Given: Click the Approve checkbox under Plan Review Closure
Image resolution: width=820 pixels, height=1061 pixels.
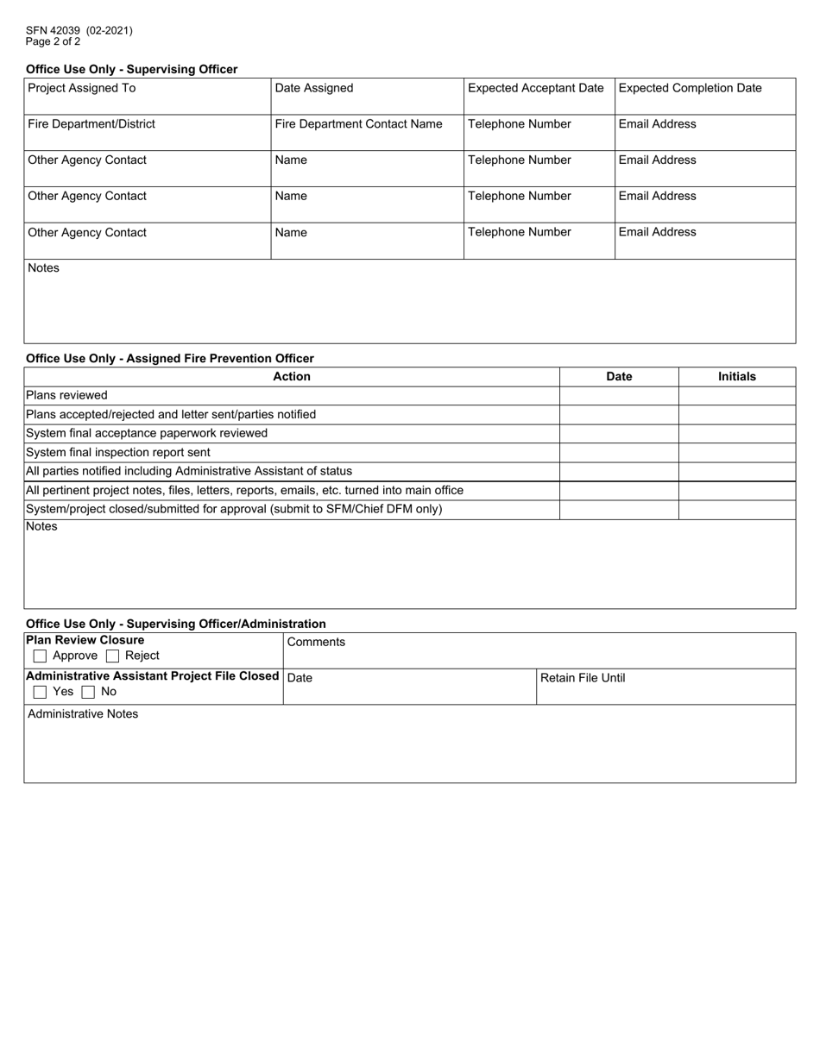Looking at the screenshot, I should (x=40, y=656).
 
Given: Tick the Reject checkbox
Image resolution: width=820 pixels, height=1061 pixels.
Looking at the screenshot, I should (x=112, y=656).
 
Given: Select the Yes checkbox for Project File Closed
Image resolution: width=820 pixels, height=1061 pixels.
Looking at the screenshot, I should (x=40, y=693).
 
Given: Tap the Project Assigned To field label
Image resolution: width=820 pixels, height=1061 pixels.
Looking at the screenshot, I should (x=82, y=88).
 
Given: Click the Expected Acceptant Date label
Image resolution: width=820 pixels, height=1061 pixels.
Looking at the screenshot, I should (x=535, y=88).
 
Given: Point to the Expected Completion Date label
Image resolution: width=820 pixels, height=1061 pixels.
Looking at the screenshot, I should (x=690, y=88).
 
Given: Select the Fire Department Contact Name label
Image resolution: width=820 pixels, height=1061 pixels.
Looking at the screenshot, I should (x=358, y=124).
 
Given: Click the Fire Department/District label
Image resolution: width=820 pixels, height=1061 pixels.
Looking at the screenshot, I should (x=91, y=124).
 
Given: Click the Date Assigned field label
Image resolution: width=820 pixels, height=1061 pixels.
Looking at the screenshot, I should (x=314, y=88).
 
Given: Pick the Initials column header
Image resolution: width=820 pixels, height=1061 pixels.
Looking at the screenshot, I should (x=736, y=376).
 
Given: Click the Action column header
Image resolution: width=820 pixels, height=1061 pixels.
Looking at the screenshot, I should (x=292, y=376).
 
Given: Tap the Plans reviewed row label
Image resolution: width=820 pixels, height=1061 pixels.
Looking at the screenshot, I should (x=67, y=395).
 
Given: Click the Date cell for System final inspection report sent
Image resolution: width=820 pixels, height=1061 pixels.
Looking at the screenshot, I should (x=619, y=452).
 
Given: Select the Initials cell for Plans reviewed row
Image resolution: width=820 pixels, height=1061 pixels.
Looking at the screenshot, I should (x=736, y=395).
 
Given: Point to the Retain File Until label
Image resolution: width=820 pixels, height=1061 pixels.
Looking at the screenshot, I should (x=583, y=678).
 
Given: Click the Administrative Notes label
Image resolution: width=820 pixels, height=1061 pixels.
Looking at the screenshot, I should (x=83, y=714).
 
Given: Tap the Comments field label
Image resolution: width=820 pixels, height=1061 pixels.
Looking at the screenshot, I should (x=316, y=643).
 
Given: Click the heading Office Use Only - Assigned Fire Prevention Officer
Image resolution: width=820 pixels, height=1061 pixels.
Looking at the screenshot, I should (x=170, y=358).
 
